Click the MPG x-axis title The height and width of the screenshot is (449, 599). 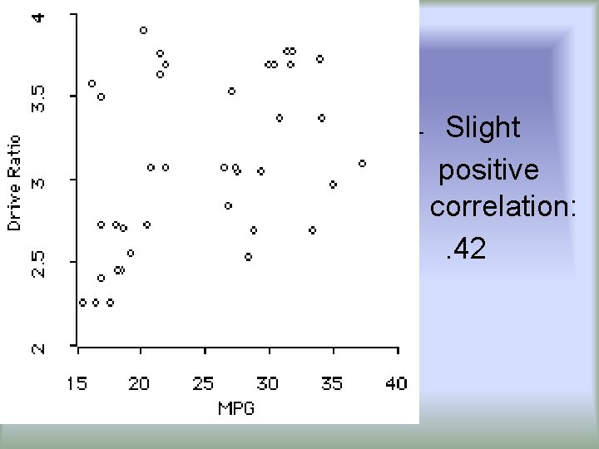click(x=235, y=407)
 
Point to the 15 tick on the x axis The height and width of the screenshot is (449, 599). click(x=77, y=382)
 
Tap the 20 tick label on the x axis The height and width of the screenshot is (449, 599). click(x=139, y=382)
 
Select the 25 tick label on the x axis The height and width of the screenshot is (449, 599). click(x=204, y=382)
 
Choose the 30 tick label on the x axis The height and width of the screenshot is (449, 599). click(x=268, y=382)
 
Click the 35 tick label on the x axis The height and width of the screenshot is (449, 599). click(x=332, y=382)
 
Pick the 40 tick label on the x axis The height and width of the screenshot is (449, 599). click(x=396, y=382)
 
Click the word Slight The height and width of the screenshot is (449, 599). click(x=483, y=128)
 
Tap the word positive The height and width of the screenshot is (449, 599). click(x=488, y=170)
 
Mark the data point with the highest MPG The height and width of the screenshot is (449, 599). click(x=363, y=164)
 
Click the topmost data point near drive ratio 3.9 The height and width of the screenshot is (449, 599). click(x=143, y=30)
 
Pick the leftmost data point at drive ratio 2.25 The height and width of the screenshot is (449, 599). click(x=82, y=303)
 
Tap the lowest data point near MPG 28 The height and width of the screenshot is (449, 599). click(x=248, y=257)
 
